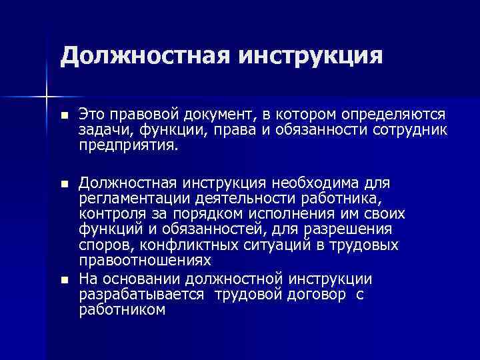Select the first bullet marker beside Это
click(x=63, y=116)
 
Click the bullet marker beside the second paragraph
click(x=63, y=183)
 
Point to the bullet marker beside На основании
click(x=63, y=279)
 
